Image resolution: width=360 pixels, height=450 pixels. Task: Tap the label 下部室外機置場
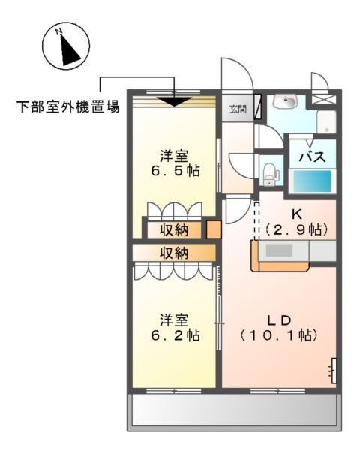tap(68, 106)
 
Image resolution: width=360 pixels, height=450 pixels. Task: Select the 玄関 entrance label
tap(238, 108)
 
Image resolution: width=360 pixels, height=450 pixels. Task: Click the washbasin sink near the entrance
tap(285, 102)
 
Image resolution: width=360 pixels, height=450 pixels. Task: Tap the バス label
tap(311, 157)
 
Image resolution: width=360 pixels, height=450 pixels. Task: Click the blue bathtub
tap(310, 182)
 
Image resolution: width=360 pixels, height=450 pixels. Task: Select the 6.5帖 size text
tap(173, 171)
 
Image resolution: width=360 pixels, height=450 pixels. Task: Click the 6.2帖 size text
tap(173, 334)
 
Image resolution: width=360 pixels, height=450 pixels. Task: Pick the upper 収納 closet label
tap(173, 229)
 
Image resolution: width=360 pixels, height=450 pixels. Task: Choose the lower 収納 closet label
tap(173, 253)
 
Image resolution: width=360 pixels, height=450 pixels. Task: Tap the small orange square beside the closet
tap(213, 229)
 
